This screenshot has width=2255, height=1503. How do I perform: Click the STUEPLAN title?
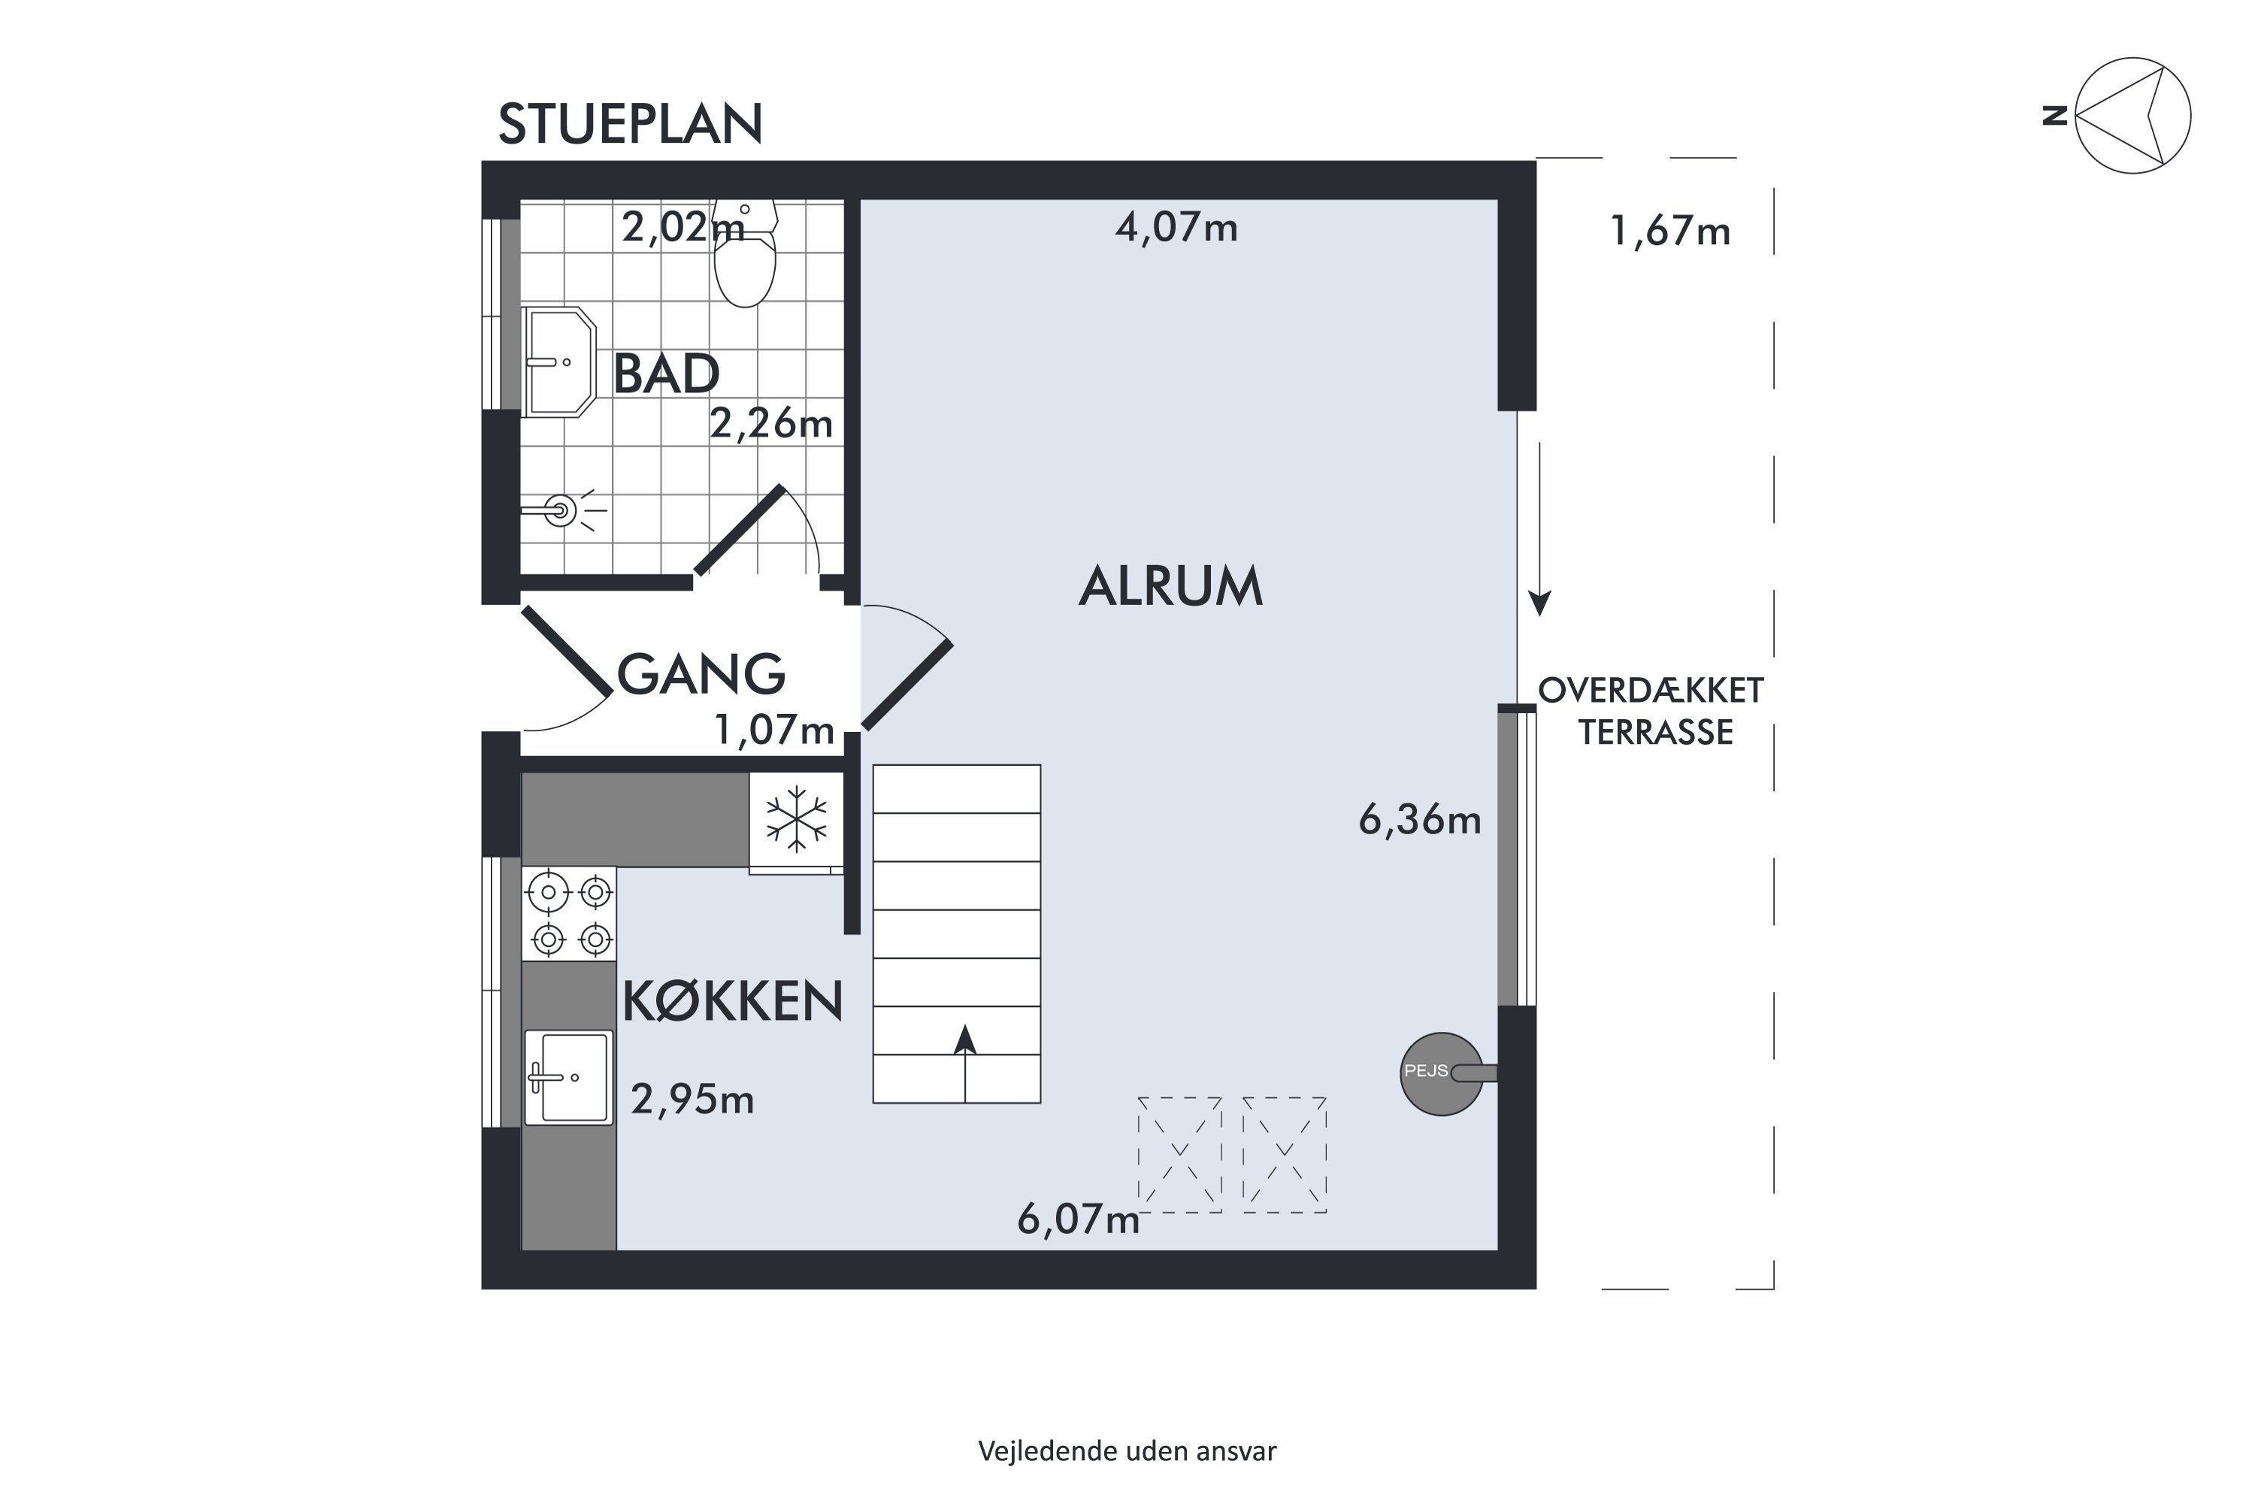tap(630, 125)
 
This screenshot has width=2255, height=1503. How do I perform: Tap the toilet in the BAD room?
tap(745, 264)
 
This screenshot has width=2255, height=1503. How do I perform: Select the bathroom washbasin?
tap(560, 362)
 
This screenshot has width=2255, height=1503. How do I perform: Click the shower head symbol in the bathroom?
tap(561, 510)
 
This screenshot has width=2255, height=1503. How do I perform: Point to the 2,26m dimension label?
tap(771, 422)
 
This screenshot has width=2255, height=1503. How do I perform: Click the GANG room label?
tap(701, 674)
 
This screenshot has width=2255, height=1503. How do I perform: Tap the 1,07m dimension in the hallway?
tap(773, 730)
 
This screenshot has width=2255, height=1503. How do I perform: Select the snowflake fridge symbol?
tap(796, 821)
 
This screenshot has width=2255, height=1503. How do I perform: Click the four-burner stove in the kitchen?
tap(570, 915)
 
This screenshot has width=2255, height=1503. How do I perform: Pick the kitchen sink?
tap(568, 1078)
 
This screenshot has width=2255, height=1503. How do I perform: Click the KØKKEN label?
tap(732, 1002)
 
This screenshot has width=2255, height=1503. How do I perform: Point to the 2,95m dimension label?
tap(692, 1099)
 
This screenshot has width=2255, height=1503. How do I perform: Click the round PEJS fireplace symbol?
tap(1440, 1074)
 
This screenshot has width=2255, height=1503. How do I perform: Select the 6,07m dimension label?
tap(1078, 1219)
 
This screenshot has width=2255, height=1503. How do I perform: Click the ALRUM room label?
tap(1170, 587)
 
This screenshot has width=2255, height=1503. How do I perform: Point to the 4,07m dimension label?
tap(1176, 228)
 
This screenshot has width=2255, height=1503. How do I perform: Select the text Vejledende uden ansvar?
tap(1127, 1451)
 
